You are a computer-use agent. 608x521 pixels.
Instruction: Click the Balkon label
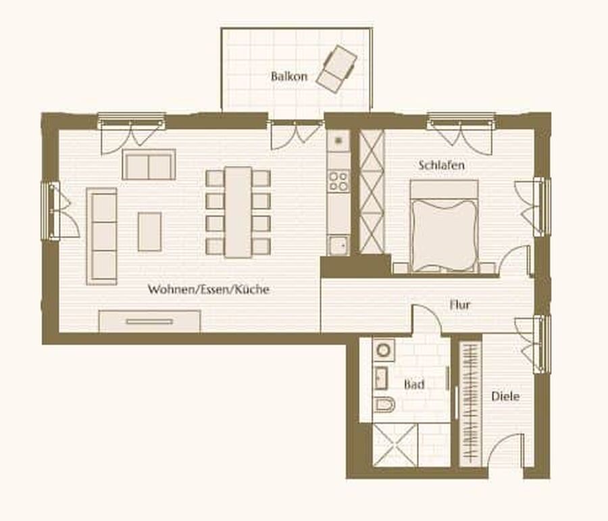click(x=289, y=76)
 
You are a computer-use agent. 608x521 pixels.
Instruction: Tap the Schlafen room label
click(x=441, y=165)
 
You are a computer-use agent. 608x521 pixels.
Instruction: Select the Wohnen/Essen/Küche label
click(x=209, y=289)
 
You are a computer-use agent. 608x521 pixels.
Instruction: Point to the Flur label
click(x=460, y=305)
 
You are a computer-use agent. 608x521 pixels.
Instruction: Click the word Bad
click(x=414, y=384)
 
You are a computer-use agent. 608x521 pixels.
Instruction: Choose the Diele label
click(x=505, y=396)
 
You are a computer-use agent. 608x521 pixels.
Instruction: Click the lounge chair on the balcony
click(x=336, y=69)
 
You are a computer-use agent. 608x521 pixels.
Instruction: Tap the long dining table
click(x=238, y=212)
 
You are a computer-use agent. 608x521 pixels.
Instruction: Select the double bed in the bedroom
click(x=444, y=226)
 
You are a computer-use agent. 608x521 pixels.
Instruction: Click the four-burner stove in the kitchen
click(x=338, y=181)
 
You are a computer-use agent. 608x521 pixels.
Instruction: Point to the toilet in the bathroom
click(x=384, y=405)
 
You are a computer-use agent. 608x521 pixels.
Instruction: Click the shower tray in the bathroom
click(x=395, y=445)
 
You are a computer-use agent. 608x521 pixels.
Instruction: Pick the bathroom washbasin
click(x=381, y=378)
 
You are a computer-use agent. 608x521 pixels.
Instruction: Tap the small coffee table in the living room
click(x=150, y=232)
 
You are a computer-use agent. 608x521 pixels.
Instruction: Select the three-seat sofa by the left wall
click(x=101, y=237)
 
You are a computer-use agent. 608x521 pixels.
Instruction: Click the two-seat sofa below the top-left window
click(x=149, y=164)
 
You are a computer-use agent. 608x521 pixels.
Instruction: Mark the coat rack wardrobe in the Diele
click(x=470, y=403)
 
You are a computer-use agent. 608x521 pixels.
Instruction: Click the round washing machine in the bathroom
click(x=384, y=350)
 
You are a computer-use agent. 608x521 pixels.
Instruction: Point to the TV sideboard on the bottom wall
click(x=150, y=321)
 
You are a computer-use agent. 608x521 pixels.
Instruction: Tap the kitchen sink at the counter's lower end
click(x=338, y=245)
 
